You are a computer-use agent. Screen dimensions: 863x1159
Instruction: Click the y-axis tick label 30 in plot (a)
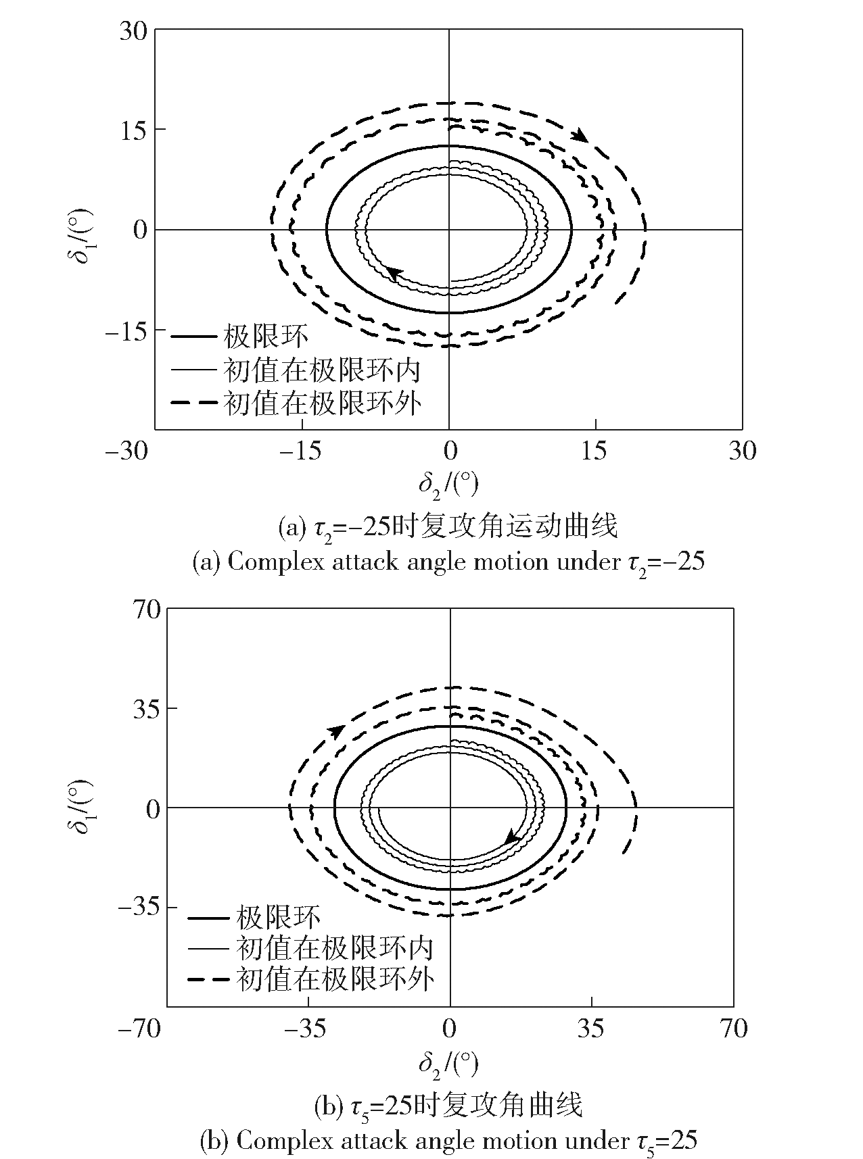click(133, 30)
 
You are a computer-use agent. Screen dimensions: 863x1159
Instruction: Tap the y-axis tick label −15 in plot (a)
click(126, 330)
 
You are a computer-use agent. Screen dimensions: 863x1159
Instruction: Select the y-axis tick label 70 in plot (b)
click(147, 610)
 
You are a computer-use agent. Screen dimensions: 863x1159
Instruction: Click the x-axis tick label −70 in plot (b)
click(139, 1029)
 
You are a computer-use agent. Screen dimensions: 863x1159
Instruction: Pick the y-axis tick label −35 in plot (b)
click(139, 908)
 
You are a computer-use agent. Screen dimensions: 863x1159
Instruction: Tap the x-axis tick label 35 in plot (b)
click(591, 1029)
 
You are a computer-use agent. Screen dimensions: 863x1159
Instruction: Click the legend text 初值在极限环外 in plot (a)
click(323, 403)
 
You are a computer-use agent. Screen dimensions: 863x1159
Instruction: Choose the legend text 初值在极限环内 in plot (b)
click(335, 948)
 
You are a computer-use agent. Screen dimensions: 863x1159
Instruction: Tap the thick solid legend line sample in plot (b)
click(206, 918)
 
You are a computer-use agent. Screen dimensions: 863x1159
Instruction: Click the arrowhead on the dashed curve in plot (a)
click(580, 136)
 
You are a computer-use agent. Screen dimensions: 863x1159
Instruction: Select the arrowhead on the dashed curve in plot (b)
click(336, 732)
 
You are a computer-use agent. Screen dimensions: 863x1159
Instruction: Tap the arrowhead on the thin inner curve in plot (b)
click(513, 837)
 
